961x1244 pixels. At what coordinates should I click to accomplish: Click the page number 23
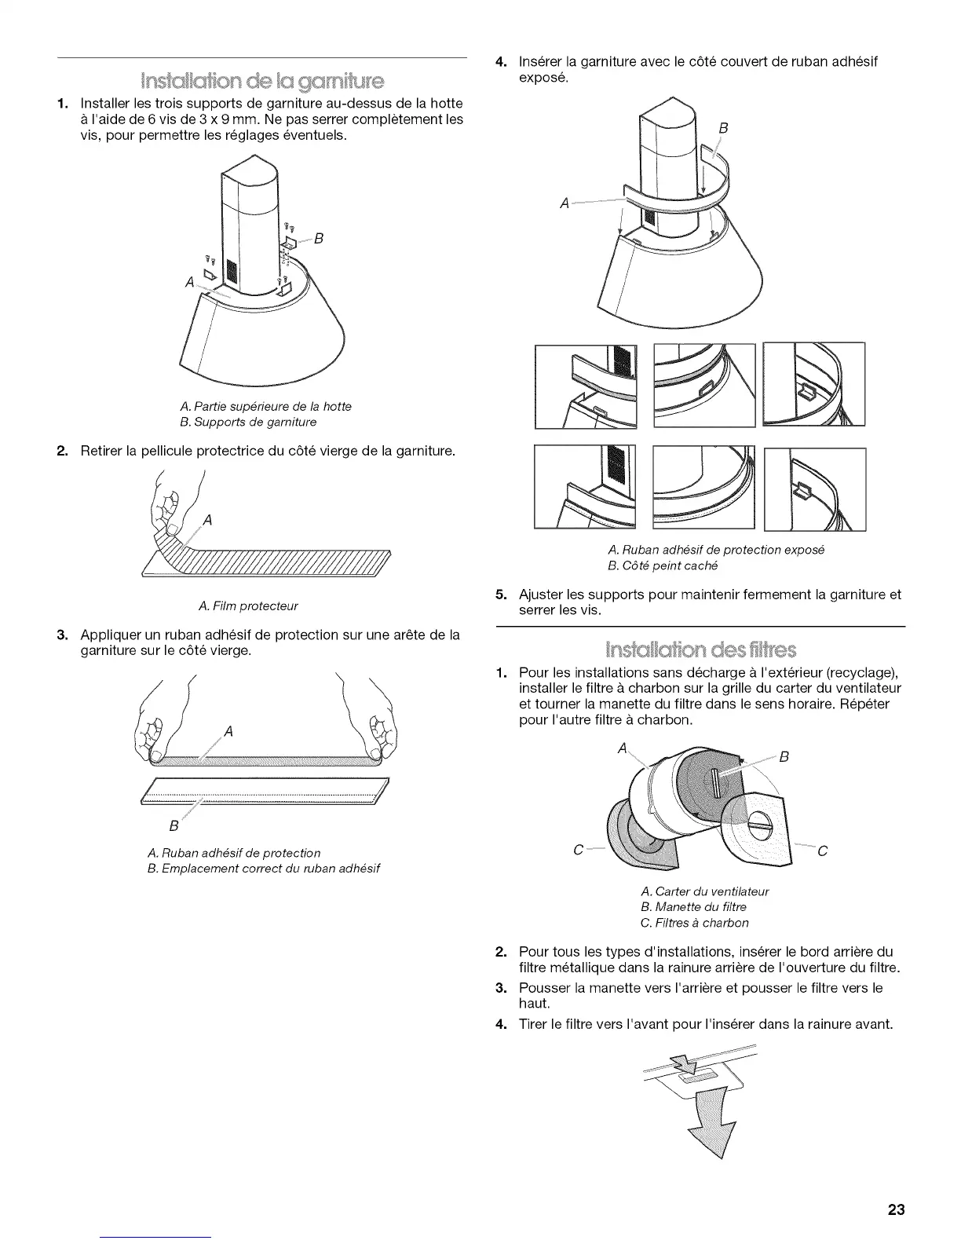coord(896,1209)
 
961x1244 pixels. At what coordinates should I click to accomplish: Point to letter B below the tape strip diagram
coord(174,826)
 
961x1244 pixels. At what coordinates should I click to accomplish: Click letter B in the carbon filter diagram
coord(784,757)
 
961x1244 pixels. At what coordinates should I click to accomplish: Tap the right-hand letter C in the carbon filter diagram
coord(823,851)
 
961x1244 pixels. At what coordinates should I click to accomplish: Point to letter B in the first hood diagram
coord(319,239)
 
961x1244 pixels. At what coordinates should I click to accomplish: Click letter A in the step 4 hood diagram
coord(565,203)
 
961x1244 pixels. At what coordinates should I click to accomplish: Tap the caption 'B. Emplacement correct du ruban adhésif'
coord(263,868)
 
